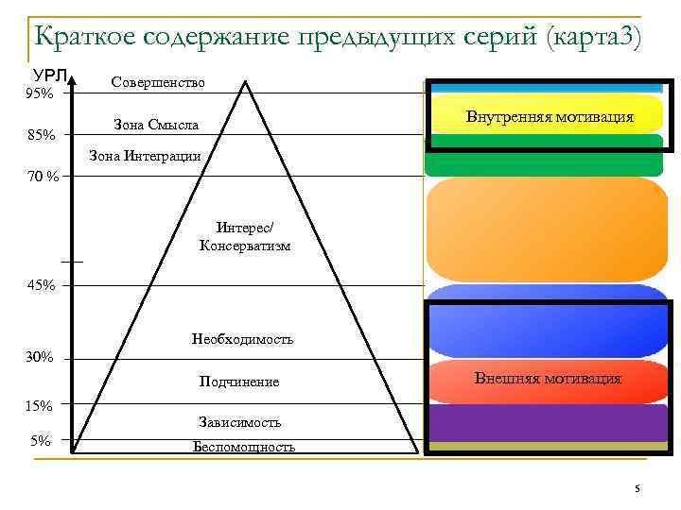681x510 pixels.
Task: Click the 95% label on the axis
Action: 39,93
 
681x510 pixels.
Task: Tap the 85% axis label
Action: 41,136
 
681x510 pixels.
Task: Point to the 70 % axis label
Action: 43,176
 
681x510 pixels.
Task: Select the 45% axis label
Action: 41,285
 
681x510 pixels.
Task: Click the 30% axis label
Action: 40,357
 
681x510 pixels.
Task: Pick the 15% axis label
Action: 39,405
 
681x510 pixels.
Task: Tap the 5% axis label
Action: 40,439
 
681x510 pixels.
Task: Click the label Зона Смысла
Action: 155,124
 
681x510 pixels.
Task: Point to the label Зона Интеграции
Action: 145,155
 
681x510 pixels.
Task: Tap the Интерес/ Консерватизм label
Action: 245,237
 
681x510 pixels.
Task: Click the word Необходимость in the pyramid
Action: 242,338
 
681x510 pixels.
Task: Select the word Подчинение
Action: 239,382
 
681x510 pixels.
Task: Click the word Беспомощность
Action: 243,446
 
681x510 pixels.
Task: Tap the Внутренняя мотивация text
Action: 550,118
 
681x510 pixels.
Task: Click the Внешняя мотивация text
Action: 548,379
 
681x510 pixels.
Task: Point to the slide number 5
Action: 637,488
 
